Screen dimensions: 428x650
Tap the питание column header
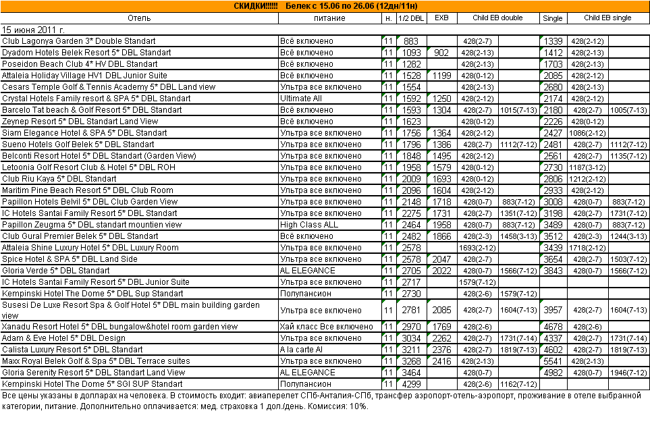coord(329,18)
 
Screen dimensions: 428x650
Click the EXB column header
coord(441,18)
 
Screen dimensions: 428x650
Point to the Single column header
coord(553,18)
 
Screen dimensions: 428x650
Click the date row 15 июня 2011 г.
coord(34,30)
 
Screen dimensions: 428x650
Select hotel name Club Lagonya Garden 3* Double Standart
coord(79,41)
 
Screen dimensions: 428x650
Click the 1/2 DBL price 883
coord(411,41)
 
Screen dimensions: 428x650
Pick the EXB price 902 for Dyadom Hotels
coord(441,53)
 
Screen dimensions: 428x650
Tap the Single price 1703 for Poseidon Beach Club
coord(553,64)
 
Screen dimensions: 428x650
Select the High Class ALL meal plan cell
coord(309,225)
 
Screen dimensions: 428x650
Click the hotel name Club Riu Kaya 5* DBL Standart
coord(59,179)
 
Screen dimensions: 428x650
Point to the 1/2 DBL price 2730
coord(411,294)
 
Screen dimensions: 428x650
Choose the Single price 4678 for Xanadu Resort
coord(553,327)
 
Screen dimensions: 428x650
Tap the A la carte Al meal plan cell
coord(302,350)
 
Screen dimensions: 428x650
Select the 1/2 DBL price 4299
coord(411,383)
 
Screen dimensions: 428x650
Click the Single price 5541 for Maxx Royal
coord(553,361)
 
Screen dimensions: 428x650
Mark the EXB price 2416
coord(441,361)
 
